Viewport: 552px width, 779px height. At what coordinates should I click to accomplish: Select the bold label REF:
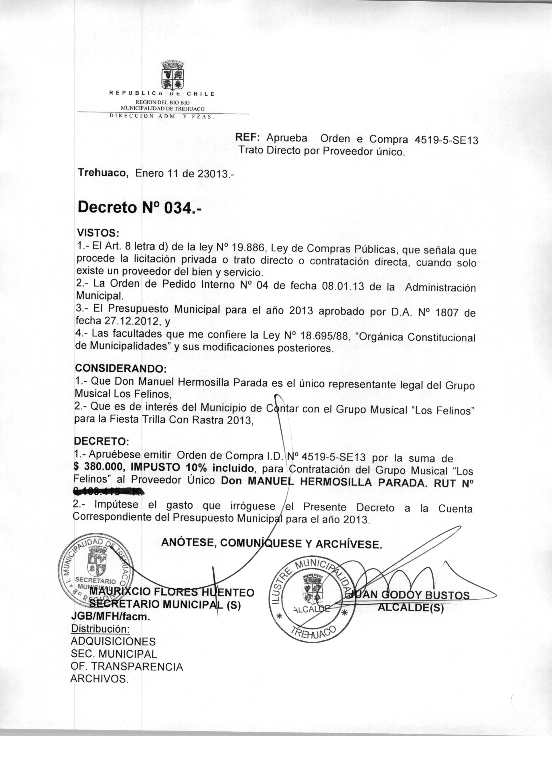coord(248,138)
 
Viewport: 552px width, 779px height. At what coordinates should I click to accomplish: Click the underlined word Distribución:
coord(100,629)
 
